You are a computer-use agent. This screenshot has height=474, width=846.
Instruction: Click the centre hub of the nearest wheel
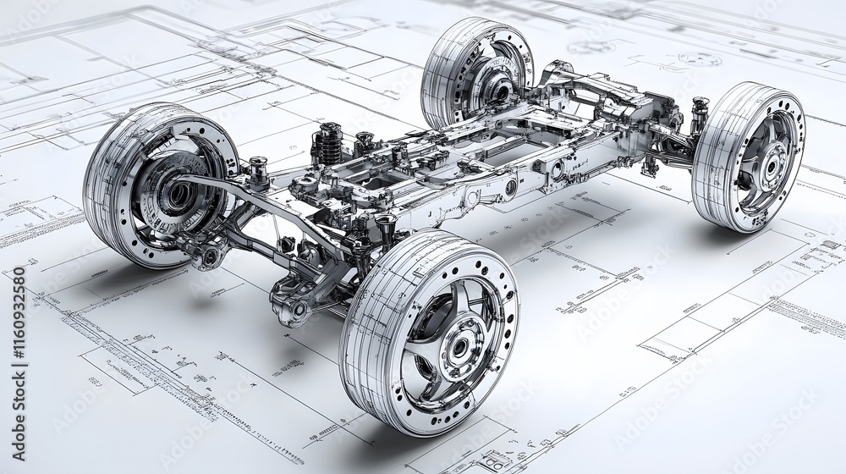tap(460, 345)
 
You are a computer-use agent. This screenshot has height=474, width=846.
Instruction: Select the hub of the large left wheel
tap(179, 196)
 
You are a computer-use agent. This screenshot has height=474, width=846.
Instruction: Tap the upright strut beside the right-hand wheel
tap(699, 114)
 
